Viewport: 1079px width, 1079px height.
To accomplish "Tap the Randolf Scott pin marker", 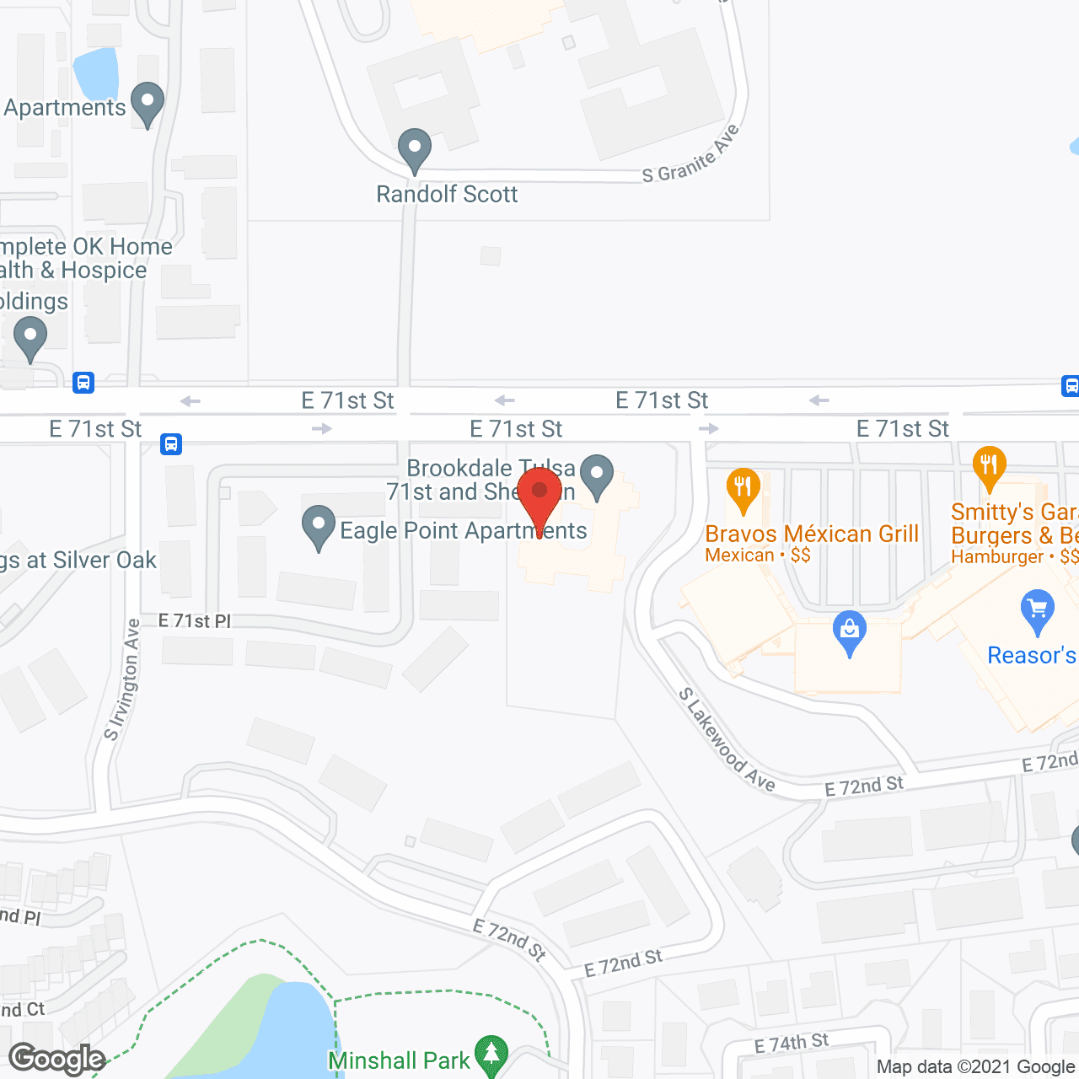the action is click(414, 149).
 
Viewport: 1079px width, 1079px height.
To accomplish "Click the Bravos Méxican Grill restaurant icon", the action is click(743, 488).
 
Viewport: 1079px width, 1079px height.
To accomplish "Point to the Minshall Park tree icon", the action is click(491, 1055).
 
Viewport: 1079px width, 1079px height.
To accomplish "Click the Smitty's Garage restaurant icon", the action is click(989, 467).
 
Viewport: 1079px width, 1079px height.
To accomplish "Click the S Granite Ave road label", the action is click(691, 155).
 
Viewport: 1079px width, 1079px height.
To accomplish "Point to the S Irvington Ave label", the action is click(122, 679).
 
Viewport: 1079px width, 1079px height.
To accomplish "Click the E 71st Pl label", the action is click(195, 621).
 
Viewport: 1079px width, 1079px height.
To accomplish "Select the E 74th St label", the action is click(792, 1044).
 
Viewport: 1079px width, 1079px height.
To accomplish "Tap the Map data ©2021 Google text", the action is click(975, 1067).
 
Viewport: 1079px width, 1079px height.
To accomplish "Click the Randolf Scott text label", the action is click(447, 195).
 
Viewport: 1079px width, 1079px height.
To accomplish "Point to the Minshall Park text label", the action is click(399, 1060).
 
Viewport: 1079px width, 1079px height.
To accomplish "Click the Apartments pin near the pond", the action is click(148, 102).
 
